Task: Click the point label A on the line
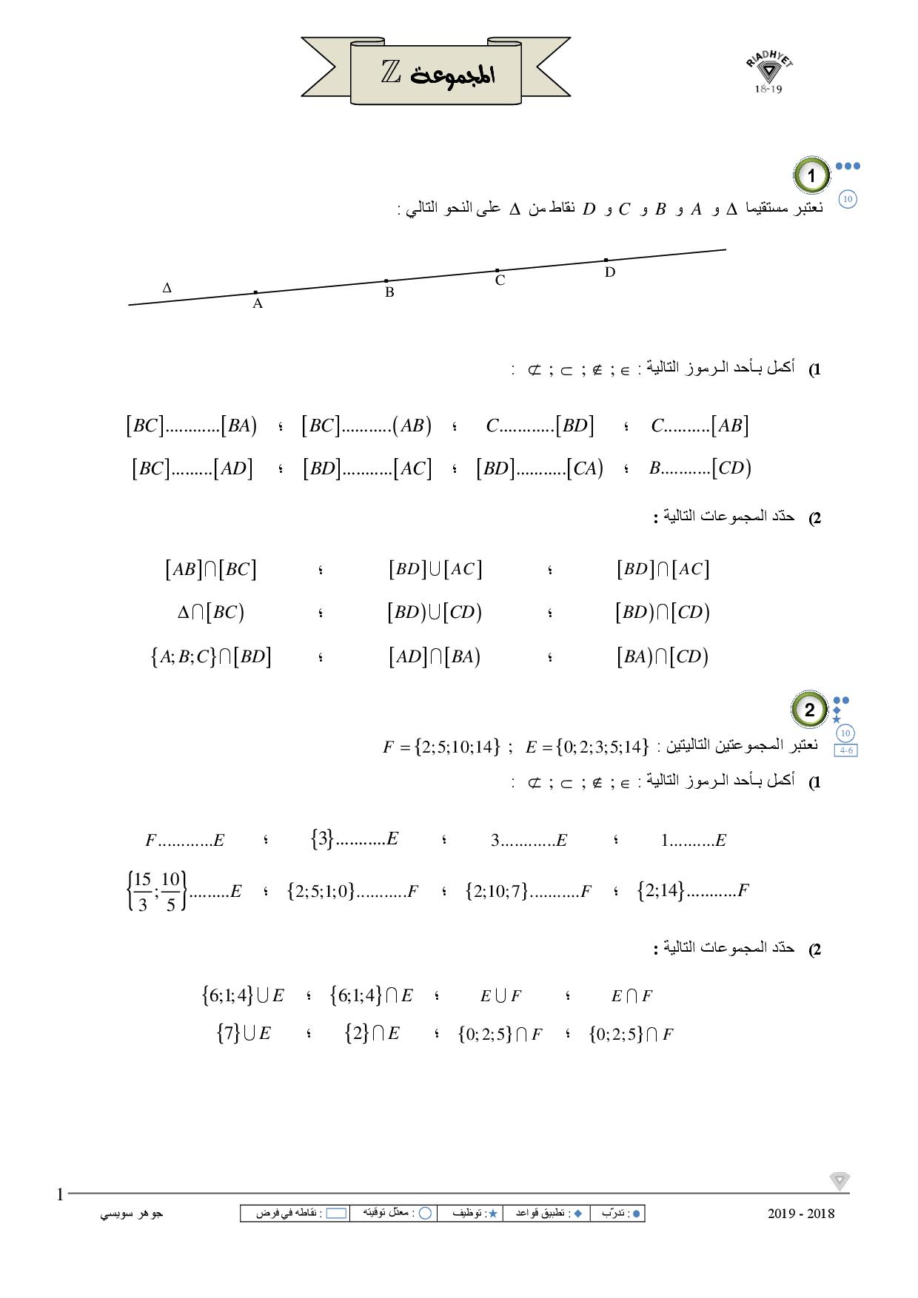pos(258,303)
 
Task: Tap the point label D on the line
pos(610,272)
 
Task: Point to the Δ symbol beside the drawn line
pos(167,288)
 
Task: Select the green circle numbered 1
pos(812,176)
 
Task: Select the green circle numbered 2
pos(809,710)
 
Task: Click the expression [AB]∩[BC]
pos(211,569)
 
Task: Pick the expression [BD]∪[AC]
pos(435,569)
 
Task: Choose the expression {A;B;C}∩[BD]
pos(211,656)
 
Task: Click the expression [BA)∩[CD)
pos(662,656)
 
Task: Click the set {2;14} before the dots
pos(661,890)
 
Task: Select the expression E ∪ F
pos(500,996)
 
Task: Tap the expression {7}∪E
pos(244,1033)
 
